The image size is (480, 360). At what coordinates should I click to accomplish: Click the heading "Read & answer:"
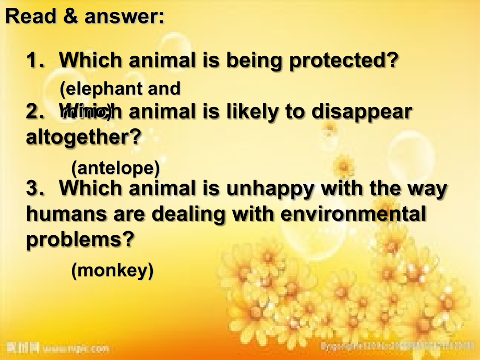85,17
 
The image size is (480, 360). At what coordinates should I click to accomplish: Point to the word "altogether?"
83,137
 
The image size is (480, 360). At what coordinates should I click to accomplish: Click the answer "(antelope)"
115,167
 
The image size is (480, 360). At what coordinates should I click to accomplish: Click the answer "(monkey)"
112,270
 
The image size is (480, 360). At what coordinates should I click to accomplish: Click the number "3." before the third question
35,188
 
